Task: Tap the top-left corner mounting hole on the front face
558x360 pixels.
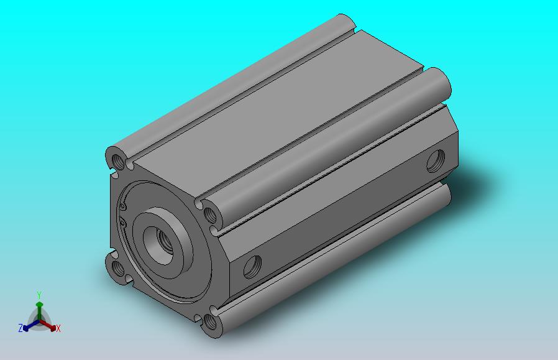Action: point(118,160)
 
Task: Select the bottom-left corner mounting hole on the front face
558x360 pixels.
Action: point(117,269)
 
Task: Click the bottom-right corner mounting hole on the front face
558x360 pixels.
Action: point(211,323)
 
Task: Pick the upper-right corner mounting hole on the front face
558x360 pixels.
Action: point(211,215)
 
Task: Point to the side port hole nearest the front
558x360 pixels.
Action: point(252,267)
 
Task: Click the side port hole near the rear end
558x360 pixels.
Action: point(436,161)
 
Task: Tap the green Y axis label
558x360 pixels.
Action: point(39,295)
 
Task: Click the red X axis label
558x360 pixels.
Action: point(58,328)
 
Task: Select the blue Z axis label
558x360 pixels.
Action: point(21,328)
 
